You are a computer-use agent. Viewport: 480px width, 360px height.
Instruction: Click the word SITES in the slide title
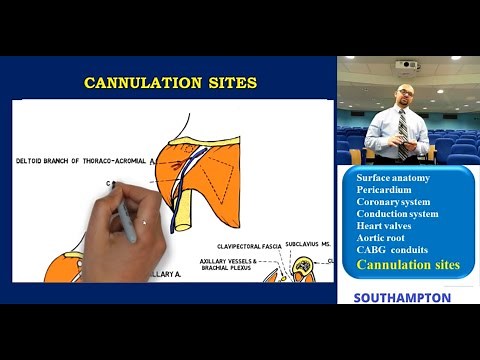tap(229, 82)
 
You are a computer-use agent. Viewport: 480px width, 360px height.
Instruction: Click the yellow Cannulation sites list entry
tap(407, 265)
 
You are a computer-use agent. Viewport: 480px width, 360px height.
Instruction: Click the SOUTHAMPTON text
tap(401, 297)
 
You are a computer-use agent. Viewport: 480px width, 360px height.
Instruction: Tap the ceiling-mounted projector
tap(407, 66)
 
